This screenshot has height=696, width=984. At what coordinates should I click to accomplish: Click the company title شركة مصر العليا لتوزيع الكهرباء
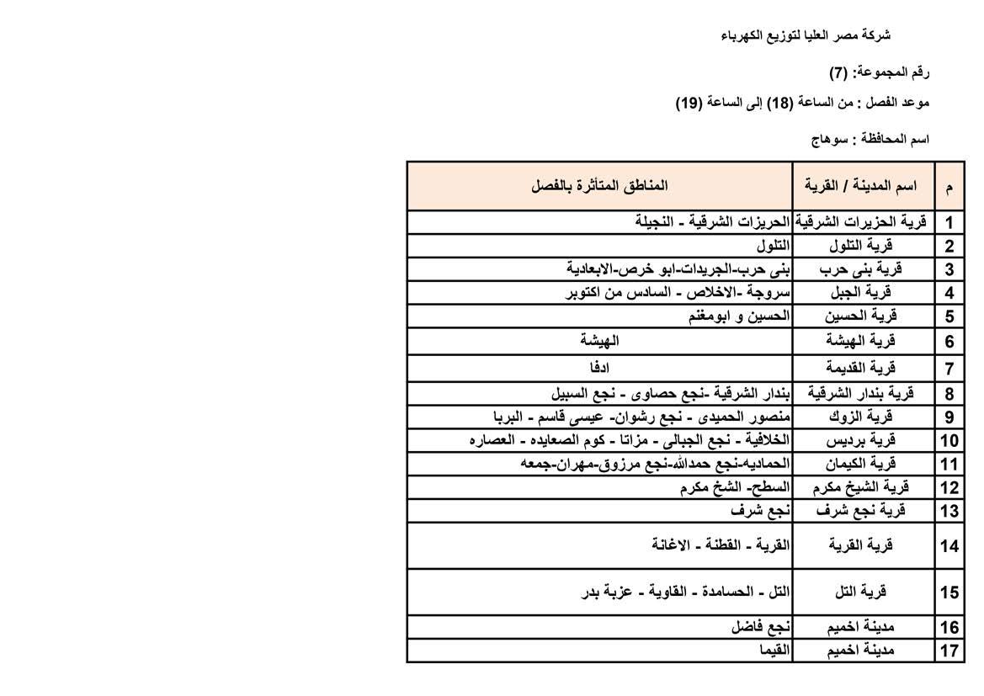806,35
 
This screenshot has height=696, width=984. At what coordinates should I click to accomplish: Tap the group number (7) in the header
838,72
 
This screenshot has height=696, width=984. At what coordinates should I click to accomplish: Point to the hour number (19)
689,104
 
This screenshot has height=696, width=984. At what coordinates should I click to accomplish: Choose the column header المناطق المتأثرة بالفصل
599,185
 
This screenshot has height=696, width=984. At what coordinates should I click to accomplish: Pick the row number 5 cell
949,316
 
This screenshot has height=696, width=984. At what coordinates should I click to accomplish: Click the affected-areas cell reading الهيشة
599,341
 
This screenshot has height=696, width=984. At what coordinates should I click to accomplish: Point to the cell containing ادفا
599,368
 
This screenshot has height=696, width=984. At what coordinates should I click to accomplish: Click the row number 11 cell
949,464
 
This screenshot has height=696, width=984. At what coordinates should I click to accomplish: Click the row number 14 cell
949,545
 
